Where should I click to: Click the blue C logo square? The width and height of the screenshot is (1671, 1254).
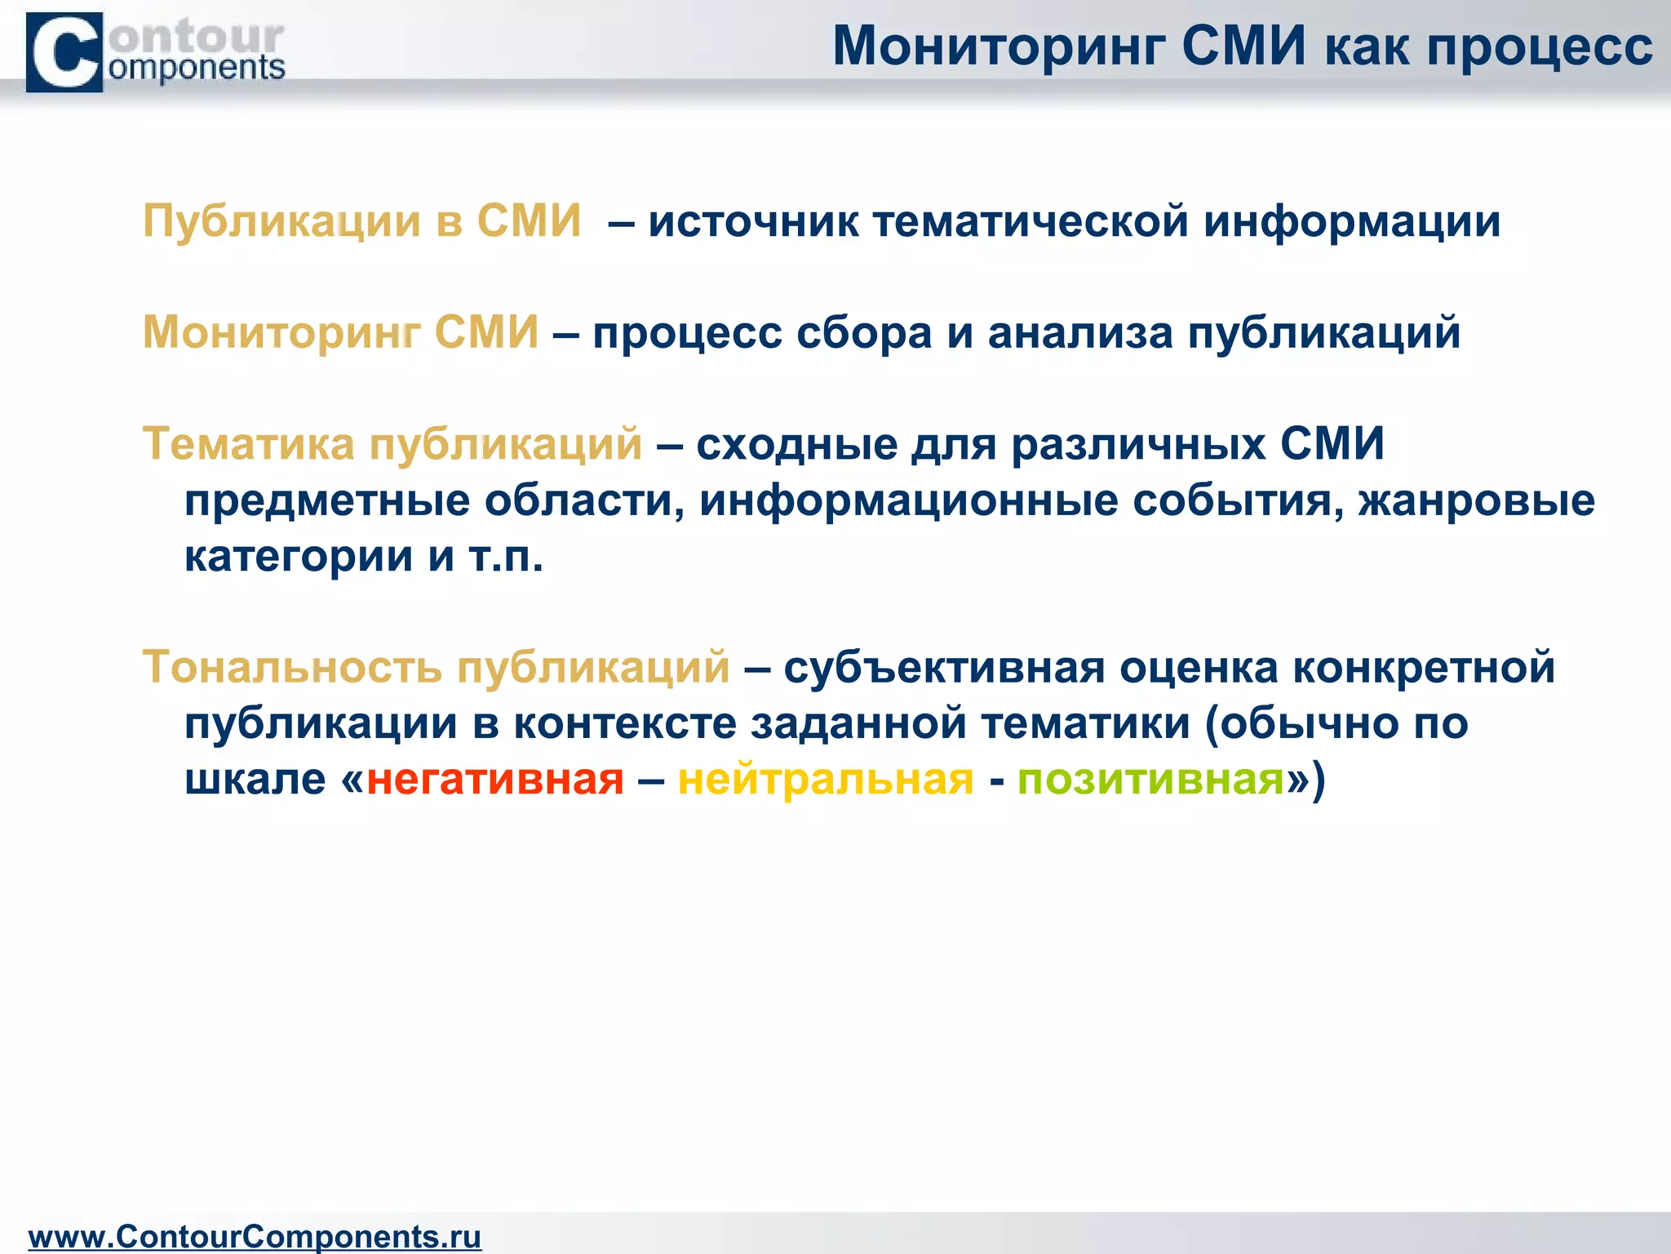[64, 52]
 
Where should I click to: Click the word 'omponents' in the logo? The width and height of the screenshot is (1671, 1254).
[197, 69]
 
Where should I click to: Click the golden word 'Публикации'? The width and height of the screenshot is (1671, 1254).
[281, 222]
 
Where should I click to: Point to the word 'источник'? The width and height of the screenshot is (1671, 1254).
[753, 222]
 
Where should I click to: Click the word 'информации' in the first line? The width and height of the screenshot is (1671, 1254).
[1352, 222]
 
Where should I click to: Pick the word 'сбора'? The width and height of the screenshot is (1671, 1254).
[863, 333]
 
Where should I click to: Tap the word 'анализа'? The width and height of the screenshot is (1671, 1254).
[1079, 333]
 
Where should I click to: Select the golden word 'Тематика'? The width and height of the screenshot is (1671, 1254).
[249, 444]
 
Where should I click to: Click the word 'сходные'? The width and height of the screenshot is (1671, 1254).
[796, 444]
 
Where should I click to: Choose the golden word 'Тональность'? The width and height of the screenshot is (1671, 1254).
[292, 667]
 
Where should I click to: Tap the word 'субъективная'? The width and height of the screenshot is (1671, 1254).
[944, 667]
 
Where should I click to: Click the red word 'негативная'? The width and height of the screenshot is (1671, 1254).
[495, 779]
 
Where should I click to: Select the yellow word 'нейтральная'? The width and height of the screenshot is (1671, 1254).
[826, 779]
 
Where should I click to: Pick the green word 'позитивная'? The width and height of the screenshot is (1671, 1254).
[1151, 779]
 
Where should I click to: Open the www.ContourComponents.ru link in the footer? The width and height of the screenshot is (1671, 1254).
[255, 1236]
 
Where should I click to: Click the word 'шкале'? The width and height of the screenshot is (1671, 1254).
[255, 779]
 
